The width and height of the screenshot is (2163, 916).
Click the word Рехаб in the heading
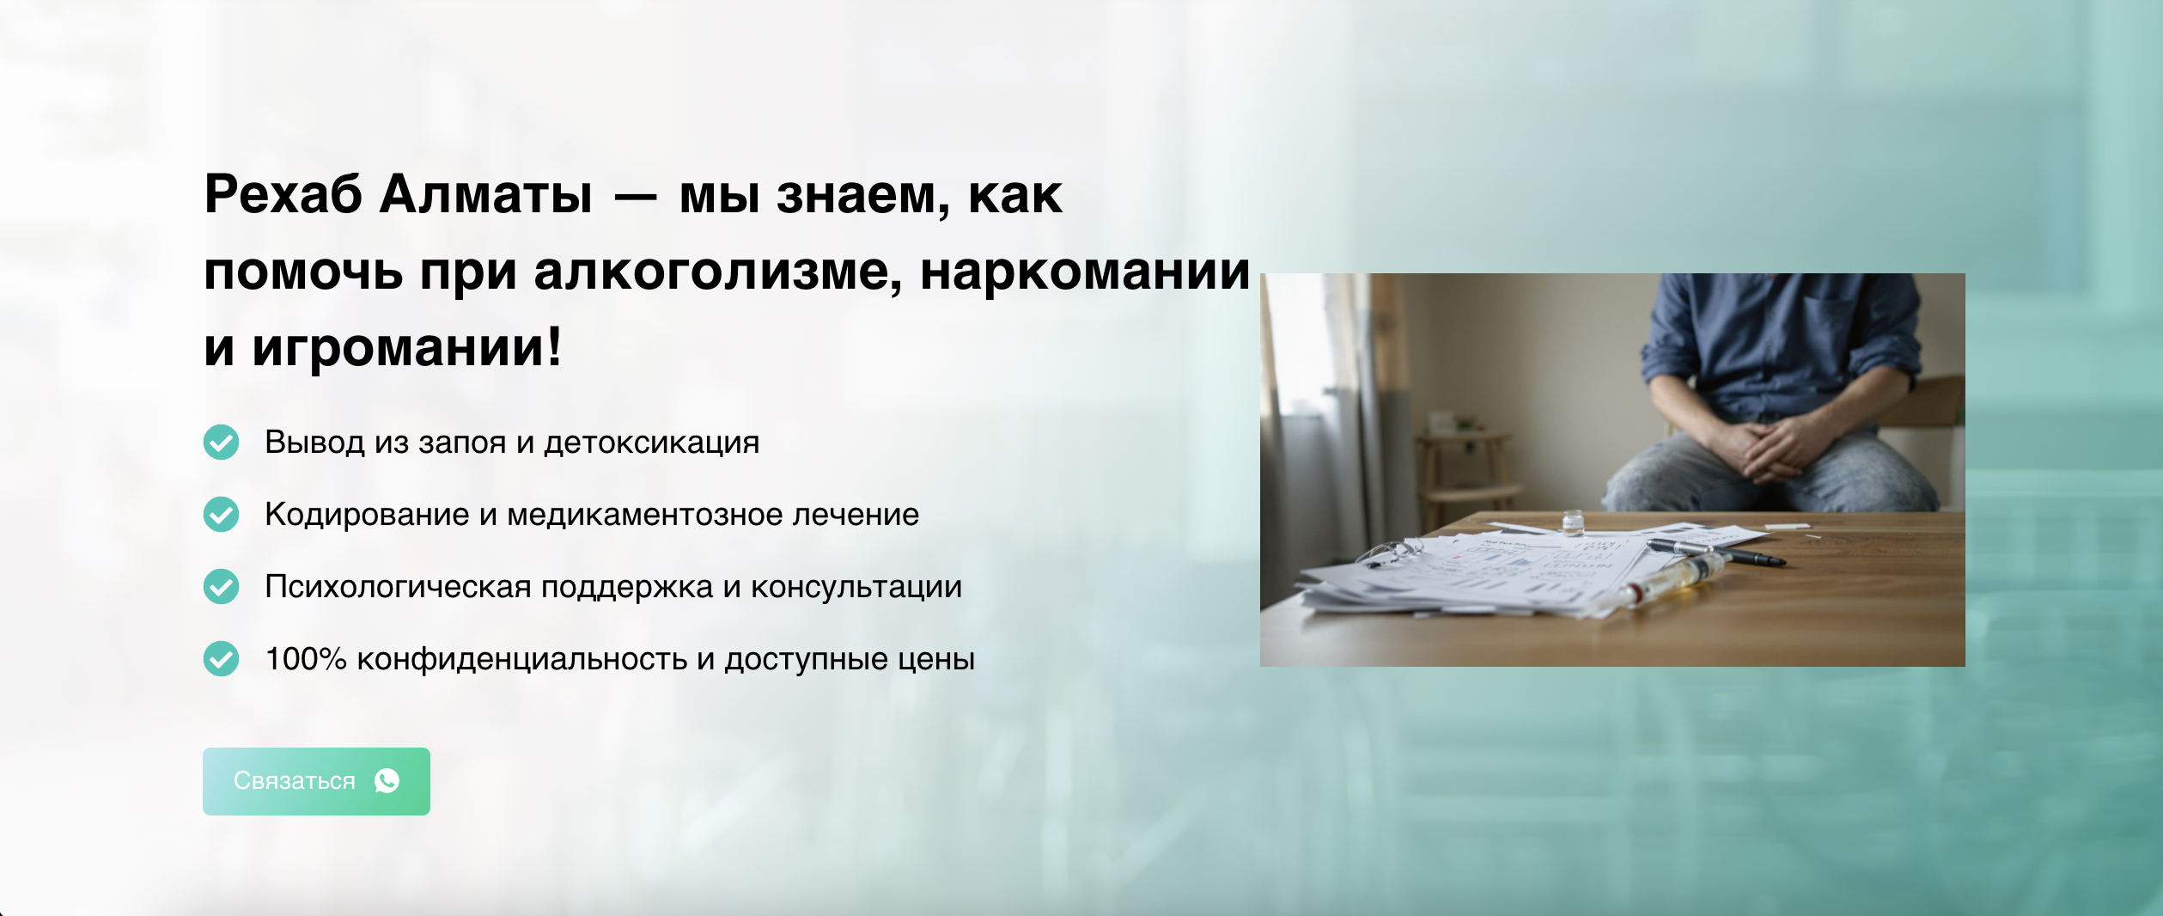point(283,194)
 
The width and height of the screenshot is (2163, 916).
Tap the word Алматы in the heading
point(486,194)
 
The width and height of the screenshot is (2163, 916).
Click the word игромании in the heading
point(406,348)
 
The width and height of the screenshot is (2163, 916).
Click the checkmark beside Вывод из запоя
point(221,443)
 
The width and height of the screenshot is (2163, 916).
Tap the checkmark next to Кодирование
point(221,515)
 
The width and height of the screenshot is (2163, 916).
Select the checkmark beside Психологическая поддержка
point(221,587)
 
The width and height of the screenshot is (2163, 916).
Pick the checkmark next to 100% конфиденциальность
point(221,659)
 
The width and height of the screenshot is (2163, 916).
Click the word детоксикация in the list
point(652,443)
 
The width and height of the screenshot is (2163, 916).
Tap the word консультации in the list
point(856,587)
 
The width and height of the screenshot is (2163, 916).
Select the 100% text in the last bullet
point(306,659)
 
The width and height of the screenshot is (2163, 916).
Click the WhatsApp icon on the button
point(387,781)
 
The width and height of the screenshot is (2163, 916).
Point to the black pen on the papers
point(1718,553)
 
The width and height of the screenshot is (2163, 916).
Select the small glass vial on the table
point(1573,522)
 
